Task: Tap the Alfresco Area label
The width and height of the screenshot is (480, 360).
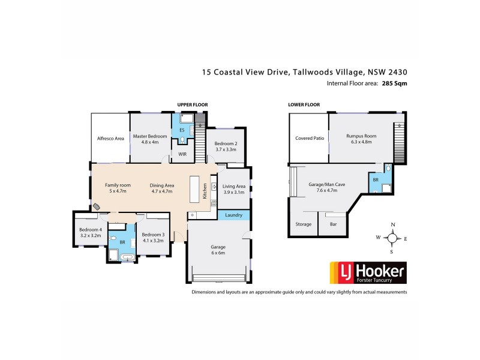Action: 110,139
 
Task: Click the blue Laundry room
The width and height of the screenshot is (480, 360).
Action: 233,215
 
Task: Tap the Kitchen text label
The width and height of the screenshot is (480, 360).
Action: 205,191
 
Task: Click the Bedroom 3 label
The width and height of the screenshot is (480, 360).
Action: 153,238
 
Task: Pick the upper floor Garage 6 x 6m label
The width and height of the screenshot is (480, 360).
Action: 217,249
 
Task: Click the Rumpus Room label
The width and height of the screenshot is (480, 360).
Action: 359,139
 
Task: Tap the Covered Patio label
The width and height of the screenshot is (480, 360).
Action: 310,138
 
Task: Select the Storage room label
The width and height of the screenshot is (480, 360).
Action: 304,224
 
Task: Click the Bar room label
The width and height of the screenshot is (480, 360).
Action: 332,224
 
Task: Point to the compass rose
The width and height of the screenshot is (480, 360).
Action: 392,238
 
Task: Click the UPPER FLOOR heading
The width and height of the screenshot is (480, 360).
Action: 192,105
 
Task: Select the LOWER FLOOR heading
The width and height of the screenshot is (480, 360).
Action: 304,104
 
